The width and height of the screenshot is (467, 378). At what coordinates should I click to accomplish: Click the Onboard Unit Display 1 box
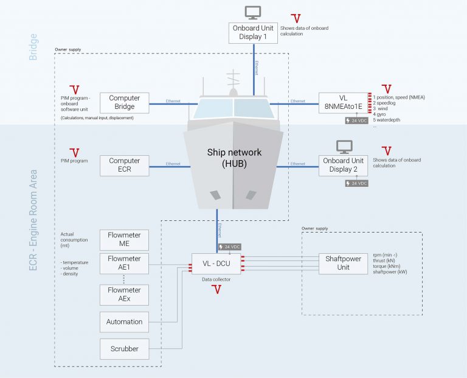[x=253, y=33]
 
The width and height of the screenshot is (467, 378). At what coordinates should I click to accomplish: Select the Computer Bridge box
[x=124, y=102]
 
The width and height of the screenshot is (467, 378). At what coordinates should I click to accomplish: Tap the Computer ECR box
[x=124, y=165]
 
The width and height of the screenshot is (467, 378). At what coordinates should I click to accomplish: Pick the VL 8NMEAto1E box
[x=343, y=103]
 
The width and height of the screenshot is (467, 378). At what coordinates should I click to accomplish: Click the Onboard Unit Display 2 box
[x=343, y=165]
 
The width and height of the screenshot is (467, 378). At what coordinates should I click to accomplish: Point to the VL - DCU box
[x=216, y=264]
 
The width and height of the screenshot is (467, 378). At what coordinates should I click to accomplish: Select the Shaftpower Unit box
[x=343, y=264]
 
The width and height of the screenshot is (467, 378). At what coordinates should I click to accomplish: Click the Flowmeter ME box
[x=124, y=239]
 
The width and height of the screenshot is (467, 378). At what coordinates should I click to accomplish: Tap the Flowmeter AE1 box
[x=124, y=263]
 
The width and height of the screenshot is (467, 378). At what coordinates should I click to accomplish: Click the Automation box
[x=124, y=321]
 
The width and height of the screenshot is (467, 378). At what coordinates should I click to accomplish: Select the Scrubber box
[x=124, y=349]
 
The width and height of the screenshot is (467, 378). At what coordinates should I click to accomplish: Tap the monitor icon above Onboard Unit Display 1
[x=253, y=12]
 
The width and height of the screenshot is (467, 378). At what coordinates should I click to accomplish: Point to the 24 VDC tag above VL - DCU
[x=229, y=247]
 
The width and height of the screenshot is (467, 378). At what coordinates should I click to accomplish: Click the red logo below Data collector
[x=216, y=290]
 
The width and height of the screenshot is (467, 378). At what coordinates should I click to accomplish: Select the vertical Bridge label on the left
[x=33, y=47]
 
